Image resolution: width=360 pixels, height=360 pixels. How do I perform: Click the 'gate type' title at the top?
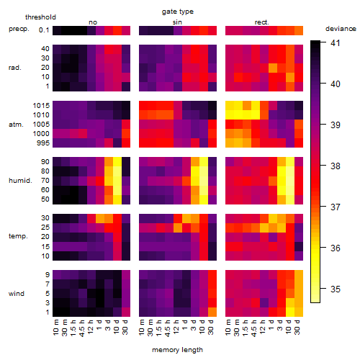coord(178,12)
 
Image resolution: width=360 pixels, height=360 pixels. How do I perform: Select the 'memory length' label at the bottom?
coord(177,350)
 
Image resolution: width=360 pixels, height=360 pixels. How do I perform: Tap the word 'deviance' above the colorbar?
coord(341,29)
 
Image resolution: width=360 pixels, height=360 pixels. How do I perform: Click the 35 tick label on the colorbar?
coord(336,289)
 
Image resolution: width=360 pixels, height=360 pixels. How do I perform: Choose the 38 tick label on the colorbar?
coord(336,166)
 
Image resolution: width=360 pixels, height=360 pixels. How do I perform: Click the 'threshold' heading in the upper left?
coord(40,17)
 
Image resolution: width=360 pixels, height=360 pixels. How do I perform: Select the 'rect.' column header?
coord(262,22)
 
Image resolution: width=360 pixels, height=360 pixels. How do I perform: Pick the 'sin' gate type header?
coord(177,22)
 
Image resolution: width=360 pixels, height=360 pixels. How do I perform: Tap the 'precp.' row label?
coord(19,29)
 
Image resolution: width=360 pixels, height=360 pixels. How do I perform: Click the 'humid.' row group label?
coord(20,181)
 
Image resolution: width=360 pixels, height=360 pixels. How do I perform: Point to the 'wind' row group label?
coord(17,294)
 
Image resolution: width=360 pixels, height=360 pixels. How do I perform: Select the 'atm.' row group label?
coord(16,125)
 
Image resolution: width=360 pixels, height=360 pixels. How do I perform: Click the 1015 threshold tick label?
coord(41,106)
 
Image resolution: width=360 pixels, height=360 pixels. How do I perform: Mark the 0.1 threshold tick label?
coord(44,30)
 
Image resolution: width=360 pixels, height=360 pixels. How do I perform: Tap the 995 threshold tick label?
coord(43,143)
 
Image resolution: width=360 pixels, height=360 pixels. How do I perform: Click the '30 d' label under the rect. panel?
coord(297,327)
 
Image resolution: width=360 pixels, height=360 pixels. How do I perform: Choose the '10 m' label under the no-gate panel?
coord(55,327)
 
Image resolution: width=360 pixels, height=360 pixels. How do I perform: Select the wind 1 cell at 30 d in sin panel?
coord(212,312)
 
